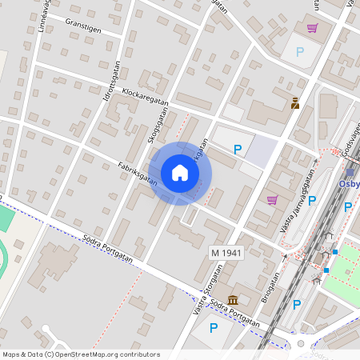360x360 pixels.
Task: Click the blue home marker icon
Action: click(x=180, y=173)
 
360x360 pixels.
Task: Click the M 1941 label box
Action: click(x=226, y=253)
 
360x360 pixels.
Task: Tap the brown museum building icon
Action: click(x=233, y=300)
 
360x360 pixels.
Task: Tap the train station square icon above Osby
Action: click(x=350, y=172)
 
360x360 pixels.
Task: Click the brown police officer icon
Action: click(x=294, y=102)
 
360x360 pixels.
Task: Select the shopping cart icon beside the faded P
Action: click(x=312, y=28)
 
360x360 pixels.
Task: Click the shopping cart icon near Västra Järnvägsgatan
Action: click(x=272, y=200)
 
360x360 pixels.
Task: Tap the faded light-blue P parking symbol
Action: click(x=300, y=52)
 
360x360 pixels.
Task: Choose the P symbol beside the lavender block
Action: click(x=237, y=149)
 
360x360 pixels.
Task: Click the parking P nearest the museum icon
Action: click(x=214, y=327)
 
